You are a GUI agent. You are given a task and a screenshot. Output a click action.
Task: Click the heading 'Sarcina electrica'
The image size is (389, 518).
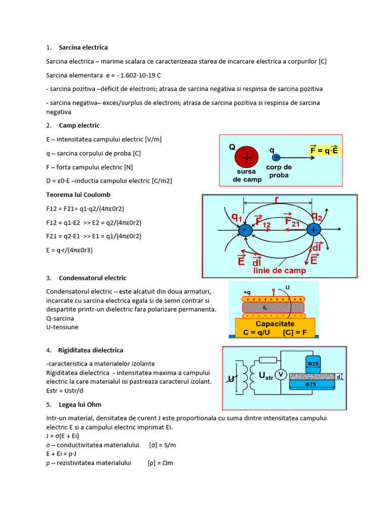click(83, 48)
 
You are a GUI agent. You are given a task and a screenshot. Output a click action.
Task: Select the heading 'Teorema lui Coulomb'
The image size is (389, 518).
click(78, 195)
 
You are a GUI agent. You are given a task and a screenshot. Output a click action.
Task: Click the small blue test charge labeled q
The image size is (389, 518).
click(277, 157)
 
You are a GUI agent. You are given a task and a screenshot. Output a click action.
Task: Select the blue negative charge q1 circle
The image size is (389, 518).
click(246, 230)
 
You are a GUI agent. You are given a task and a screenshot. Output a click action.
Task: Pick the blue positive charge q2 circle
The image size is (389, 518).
click(314, 230)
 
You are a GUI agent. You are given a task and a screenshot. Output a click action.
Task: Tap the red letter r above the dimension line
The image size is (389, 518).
click(277, 199)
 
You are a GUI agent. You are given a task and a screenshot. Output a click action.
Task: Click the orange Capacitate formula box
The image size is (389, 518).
click(275, 328)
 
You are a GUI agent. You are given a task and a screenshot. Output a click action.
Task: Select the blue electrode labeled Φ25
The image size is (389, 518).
click(313, 364)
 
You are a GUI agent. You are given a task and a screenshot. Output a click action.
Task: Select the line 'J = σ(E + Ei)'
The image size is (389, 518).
click(62, 436)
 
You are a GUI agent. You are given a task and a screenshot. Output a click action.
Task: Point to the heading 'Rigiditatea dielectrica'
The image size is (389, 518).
click(91, 350)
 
